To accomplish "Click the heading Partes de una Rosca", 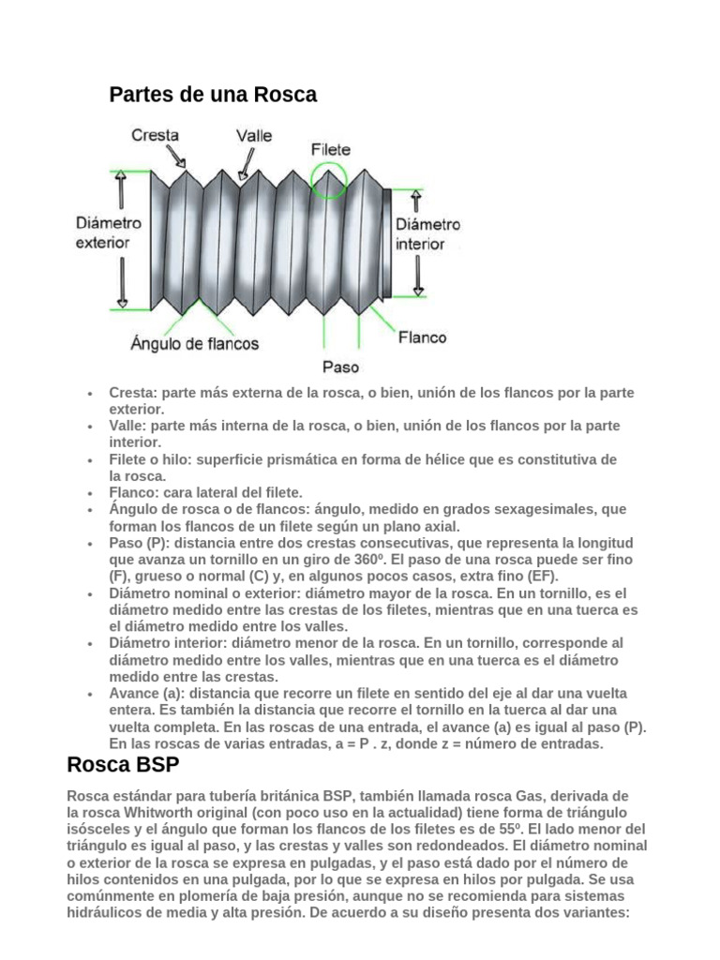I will point(213,95).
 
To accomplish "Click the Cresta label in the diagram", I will point(155,136).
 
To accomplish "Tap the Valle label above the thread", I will point(253,135).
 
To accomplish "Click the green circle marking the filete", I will point(328,179).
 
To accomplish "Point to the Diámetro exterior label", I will point(109,232).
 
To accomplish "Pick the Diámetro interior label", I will point(428,233).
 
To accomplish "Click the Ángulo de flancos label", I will point(195,344).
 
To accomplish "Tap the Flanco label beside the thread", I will point(423,337).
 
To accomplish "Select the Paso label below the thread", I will point(339,367).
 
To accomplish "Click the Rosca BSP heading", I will point(123,764).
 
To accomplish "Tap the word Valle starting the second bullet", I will point(126,427).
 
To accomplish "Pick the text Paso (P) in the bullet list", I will point(138,544).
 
